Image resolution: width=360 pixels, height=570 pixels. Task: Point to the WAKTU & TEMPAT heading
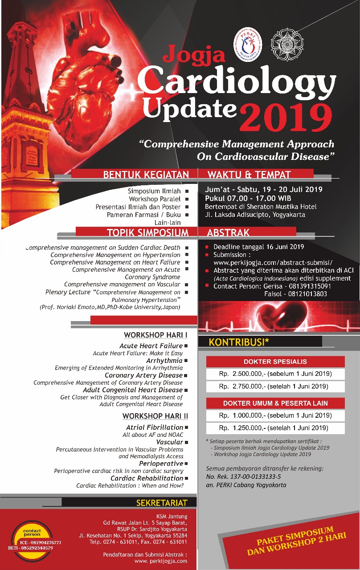[249, 175]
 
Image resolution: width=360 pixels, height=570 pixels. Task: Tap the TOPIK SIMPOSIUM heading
[147, 232]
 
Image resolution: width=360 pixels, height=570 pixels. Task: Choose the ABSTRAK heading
[228, 232]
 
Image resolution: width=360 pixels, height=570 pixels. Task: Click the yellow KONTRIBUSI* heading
[239, 342]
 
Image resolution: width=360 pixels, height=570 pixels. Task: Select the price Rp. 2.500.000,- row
[275, 374]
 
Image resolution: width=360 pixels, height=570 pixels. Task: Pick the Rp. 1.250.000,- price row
[275, 428]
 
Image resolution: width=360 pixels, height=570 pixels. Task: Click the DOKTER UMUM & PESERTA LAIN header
[275, 403]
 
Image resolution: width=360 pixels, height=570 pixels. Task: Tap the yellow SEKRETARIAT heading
[162, 503]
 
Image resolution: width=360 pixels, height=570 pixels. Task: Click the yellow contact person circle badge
[32, 537]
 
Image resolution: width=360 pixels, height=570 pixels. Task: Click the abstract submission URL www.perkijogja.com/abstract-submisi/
[273, 263]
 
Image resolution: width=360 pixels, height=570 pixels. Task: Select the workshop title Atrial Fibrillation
[155, 427]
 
